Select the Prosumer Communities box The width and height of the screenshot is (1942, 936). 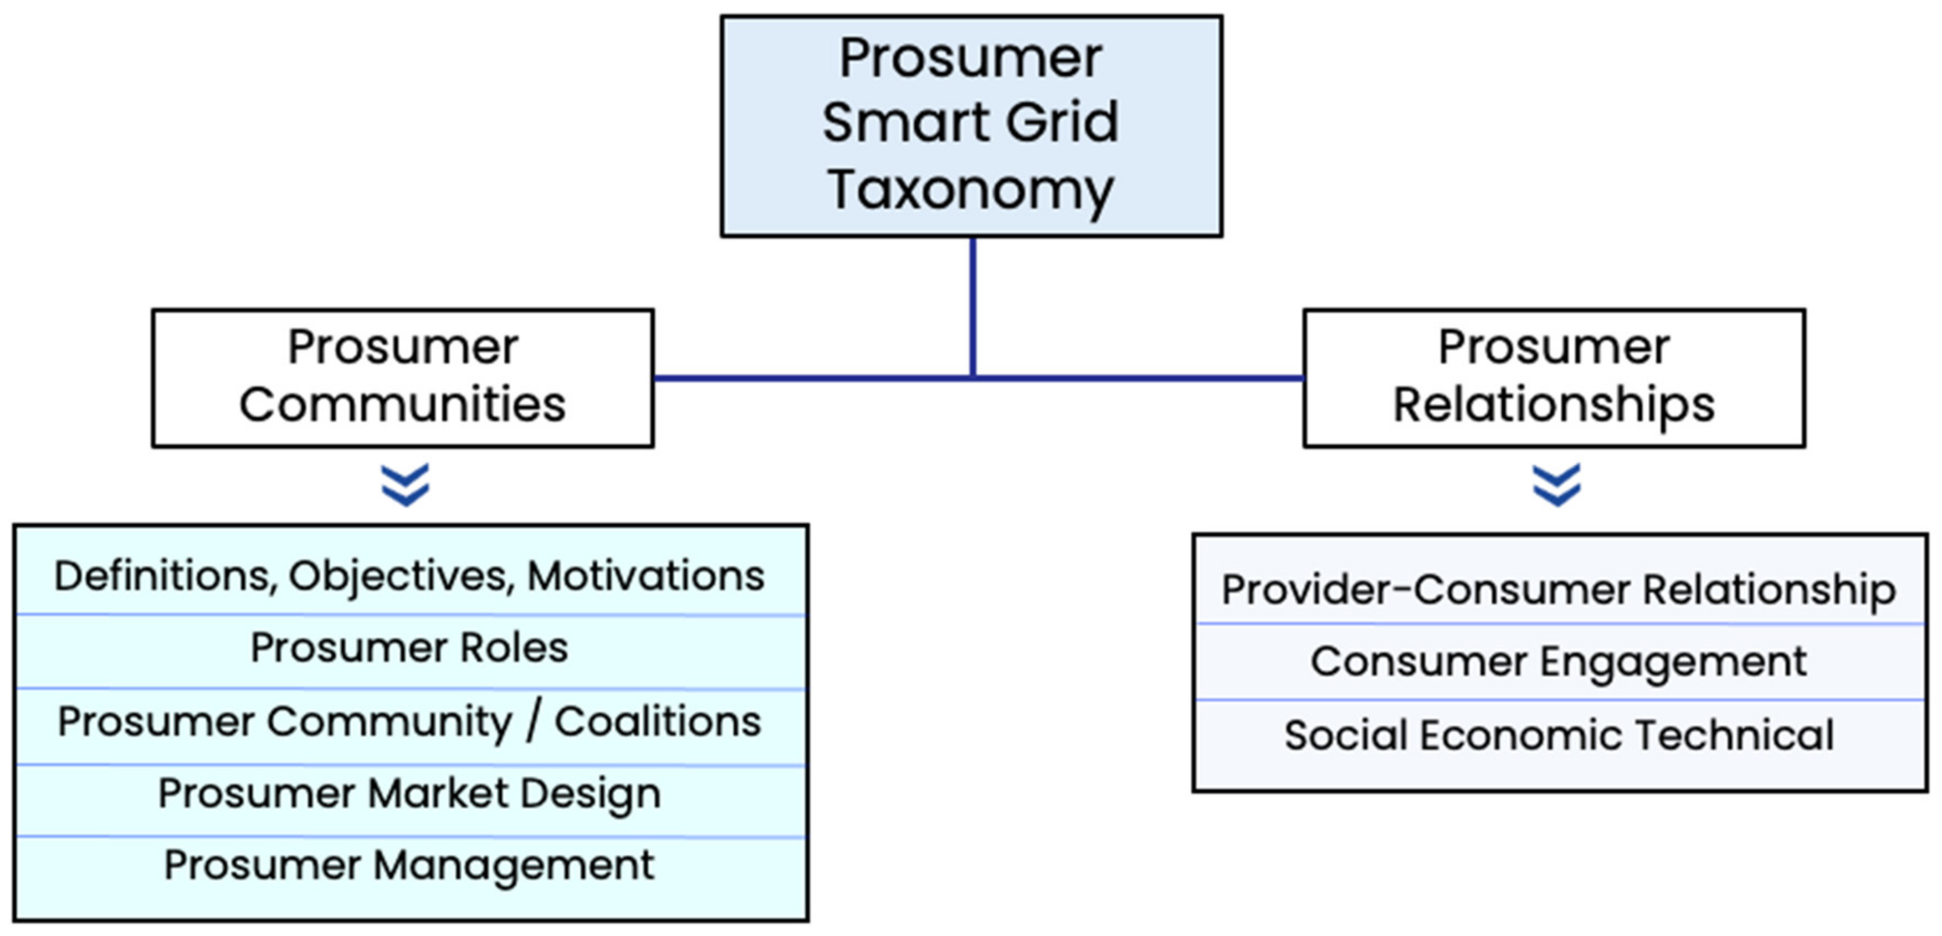403,377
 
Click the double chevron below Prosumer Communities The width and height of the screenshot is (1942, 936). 406,484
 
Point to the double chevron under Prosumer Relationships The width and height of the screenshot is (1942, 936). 1557,484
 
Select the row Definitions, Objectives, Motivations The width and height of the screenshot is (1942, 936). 409,576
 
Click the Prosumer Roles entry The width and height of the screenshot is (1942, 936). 409,648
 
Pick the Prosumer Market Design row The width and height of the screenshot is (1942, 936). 409,794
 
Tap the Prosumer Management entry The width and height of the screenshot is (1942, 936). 409,865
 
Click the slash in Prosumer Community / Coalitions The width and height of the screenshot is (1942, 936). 534,722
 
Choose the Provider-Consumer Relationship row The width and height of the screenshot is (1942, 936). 1558,589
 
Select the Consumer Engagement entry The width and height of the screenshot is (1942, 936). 1558,662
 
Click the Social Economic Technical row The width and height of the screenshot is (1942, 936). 1558,735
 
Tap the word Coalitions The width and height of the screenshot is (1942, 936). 658,722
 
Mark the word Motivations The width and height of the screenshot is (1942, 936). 646,576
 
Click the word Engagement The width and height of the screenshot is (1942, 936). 1674,663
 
